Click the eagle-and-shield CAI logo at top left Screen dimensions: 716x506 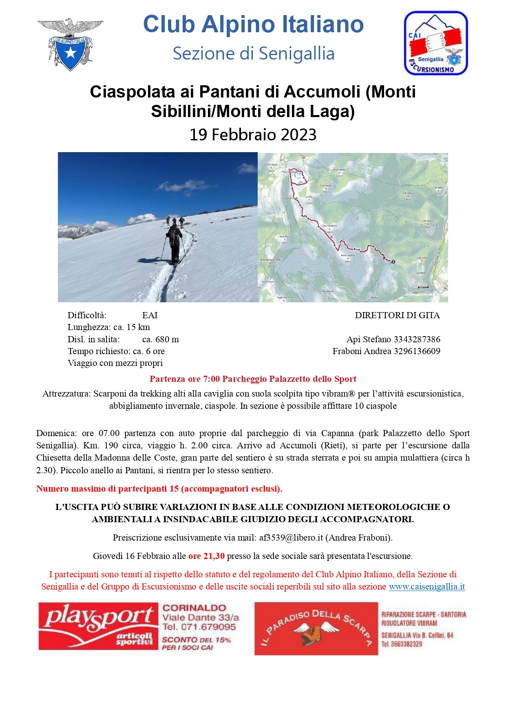click(70, 44)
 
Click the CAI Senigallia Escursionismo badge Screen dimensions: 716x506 click(435, 43)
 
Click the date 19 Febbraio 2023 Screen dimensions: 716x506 click(253, 135)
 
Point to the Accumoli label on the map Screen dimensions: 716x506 click(423, 287)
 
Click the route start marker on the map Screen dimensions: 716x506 click(393, 262)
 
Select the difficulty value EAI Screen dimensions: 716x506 click(150, 315)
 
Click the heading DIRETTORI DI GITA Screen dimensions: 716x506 click(397, 315)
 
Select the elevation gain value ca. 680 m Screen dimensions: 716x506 click(160, 339)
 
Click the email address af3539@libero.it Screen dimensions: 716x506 click(291, 538)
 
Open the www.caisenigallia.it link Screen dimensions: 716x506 click(426, 587)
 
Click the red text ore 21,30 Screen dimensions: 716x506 click(206, 556)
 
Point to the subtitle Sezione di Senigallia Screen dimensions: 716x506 click(253, 53)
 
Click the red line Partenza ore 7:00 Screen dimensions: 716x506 click(253, 379)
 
